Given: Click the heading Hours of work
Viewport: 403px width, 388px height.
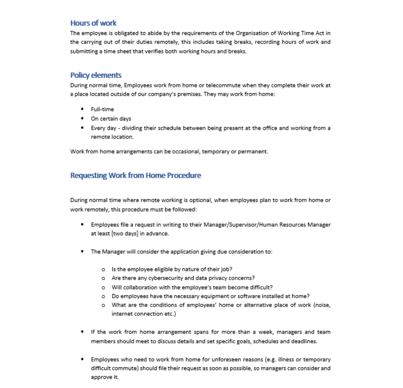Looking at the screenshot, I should coord(93,23).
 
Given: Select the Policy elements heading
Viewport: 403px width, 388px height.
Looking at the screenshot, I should coord(96,75).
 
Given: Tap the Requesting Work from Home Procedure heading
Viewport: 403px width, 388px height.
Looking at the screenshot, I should coord(135,175).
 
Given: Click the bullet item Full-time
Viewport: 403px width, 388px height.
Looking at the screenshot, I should coord(102,109).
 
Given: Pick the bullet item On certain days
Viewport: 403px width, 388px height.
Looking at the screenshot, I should coord(111,118).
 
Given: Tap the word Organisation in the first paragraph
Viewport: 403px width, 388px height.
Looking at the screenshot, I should coord(252,33).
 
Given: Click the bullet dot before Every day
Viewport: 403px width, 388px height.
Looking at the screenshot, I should coord(82,128).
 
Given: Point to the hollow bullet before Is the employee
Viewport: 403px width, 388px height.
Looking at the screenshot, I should coord(103,270).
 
